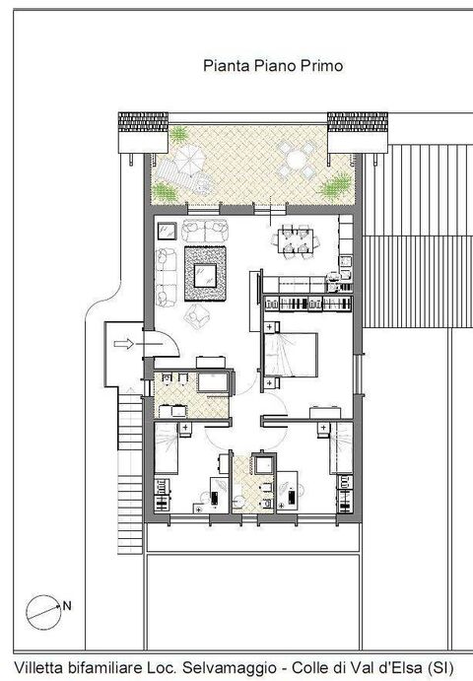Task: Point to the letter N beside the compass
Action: point(67,605)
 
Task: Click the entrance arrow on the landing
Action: point(124,344)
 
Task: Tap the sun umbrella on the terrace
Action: point(189,159)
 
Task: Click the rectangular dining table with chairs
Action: point(296,241)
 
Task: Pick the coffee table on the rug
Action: point(205,275)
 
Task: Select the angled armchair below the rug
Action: point(197,315)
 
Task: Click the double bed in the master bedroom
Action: point(291,355)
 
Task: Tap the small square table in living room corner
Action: point(167,231)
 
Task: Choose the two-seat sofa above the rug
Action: point(205,231)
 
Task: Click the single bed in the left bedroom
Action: point(166,448)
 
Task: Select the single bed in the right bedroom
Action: point(341,447)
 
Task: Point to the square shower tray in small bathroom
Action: point(263,465)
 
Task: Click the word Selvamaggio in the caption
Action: point(230,667)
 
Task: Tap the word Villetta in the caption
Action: point(38,667)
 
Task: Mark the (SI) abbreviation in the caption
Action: point(440,667)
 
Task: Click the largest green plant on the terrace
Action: point(336,185)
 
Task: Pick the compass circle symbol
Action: point(43,612)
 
